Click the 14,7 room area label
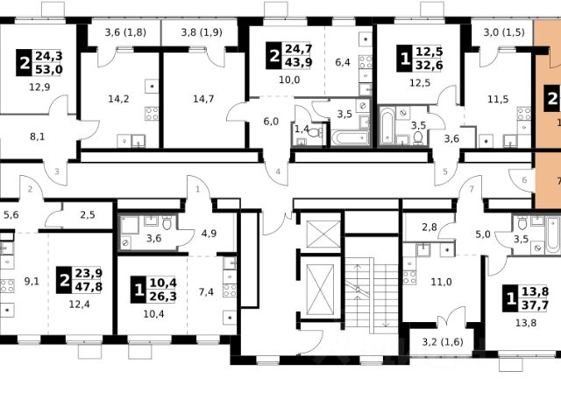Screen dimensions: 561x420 (x=203, y=99)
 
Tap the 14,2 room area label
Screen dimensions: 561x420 (x=118, y=99)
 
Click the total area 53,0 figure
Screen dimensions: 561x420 (x=49, y=69)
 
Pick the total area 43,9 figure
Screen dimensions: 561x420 (x=298, y=62)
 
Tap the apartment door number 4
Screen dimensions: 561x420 (x=278, y=171)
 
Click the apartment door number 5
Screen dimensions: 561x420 (x=445, y=171)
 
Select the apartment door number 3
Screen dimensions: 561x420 (x=57, y=171)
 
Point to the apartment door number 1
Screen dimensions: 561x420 (x=198, y=189)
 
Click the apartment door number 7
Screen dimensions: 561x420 (x=472, y=189)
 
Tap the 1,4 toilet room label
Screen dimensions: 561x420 (x=302, y=129)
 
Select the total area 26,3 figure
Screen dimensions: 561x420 (x=163, y=297)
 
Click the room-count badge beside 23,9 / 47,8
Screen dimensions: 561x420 (x=64, y=280)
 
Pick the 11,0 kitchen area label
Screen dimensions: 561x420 (x=441, y=282)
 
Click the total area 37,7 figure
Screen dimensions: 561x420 (x=535, y=305)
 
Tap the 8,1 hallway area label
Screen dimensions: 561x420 (x=37, y=136)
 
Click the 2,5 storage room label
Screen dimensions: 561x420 (x=88, y=215)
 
